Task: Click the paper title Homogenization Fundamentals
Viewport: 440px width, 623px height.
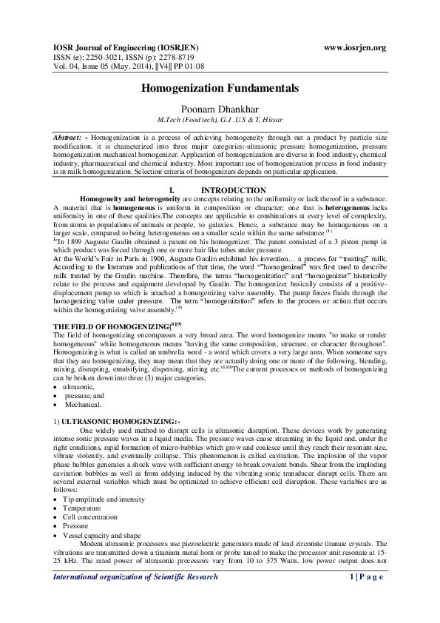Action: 220,88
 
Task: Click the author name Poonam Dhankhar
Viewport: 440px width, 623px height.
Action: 220,108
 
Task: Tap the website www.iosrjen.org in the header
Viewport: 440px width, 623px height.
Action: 356,48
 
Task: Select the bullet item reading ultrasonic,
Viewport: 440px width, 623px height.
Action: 78,387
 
